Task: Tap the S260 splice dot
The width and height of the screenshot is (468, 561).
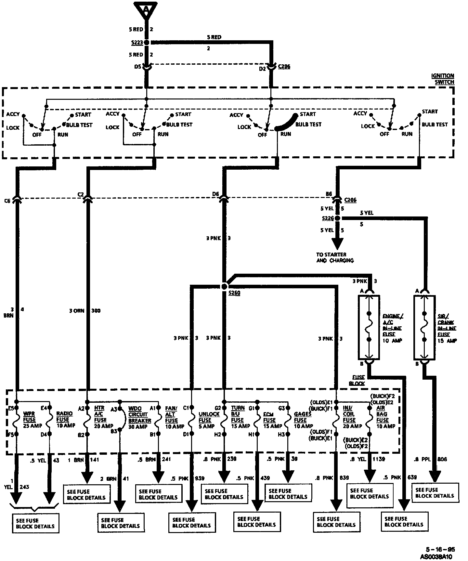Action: pos(224,286)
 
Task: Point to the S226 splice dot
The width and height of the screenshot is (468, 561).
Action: pos(337,218)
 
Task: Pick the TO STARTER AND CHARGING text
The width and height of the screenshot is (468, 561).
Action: pos(335,257)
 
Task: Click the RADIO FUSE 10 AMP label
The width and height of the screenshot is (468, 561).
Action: pos(65,420)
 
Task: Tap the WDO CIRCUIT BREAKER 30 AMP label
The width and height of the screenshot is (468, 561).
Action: pos(139,417)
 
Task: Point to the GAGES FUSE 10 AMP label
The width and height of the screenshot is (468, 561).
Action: pos(303,420)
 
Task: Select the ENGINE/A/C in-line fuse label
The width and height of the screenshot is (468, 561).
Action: pos(392,328)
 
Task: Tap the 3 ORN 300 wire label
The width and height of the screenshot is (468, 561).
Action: pos(84,311)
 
